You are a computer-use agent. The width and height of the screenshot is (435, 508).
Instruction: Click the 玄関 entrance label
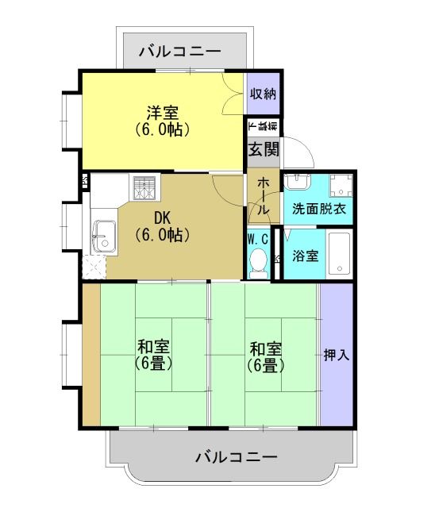pyautogui.click(x=264, y=149)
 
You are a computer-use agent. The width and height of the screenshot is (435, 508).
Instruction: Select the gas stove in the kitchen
pyautogui.click(x=146, y=188)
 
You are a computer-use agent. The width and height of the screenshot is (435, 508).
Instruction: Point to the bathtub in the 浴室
pyautogui.click(x=340, y=254)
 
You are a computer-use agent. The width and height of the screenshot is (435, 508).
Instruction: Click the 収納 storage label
pyautogui.click(x=263, y=94)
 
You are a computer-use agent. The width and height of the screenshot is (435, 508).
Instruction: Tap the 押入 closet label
pyautogui.click(x=337, y=355)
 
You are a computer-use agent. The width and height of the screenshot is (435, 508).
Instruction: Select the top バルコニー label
pyautogui.click(x=179, y=52)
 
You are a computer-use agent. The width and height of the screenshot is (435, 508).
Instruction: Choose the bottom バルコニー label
pyautogui.click(x=236, y=457)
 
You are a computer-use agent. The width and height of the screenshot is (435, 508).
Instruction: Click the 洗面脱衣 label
pyautogui.click(x=318, y=210)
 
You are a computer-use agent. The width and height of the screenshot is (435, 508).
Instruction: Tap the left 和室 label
pyautogui.click(x=153, y=348)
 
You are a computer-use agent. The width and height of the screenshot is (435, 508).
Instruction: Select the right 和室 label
pyautogui.click(x=265, y=348)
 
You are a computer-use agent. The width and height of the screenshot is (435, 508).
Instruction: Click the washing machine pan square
pyautogui.click(x=341, y=185)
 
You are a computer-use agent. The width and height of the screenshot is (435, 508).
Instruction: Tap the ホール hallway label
pyautogui.click(x=263, y=195)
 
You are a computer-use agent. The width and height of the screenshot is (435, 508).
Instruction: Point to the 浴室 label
pyautogui.click(x=305, y=256)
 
